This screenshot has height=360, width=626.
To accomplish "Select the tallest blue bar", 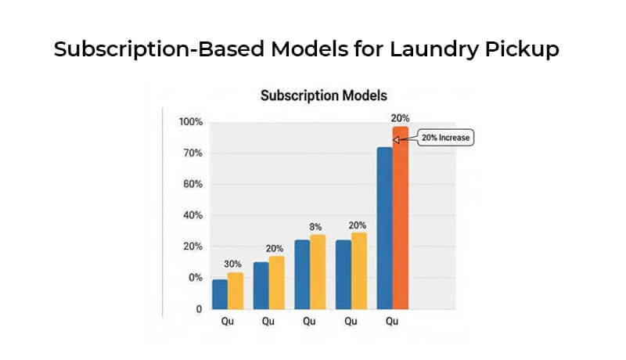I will tap(384, 227).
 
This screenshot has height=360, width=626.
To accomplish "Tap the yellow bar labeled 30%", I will tap(236, 290).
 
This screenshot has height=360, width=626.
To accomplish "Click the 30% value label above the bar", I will tap(232, 264).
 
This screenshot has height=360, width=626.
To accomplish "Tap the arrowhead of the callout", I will tap(396, 140).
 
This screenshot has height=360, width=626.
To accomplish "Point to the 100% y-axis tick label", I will tap(190, 122).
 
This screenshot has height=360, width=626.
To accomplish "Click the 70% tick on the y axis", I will tap(192, 153).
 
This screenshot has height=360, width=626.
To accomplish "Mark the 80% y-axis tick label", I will tap(192, 185).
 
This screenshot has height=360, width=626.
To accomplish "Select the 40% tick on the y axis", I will tap(192, 215).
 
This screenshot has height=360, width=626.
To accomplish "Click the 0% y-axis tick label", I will tap(195, 278).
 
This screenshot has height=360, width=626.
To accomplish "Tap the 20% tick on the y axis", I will tap(192, 247).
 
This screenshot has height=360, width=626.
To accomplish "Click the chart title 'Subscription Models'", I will tap(323, 97).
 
